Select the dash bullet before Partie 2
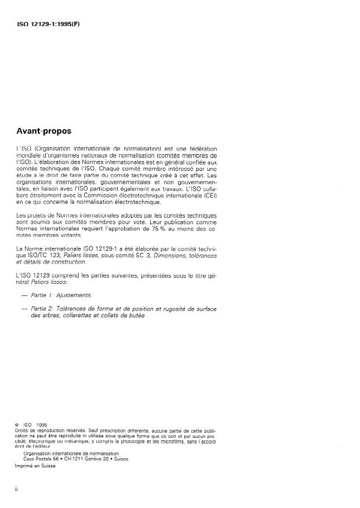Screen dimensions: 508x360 [24, 309]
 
